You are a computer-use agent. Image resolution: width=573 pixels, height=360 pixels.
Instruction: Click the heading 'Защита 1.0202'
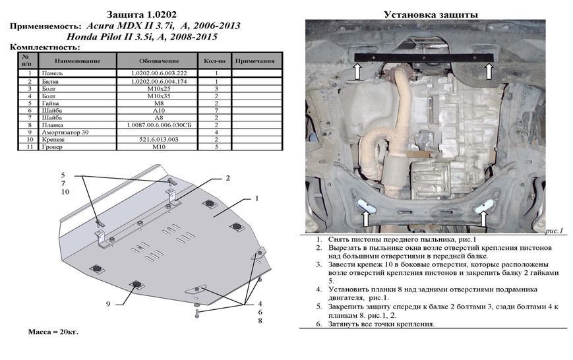pos(141,15)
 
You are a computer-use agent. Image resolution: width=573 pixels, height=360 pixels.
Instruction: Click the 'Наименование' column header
pos(77,61)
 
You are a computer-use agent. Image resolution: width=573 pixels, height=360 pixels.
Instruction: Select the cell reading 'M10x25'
pos(159,89)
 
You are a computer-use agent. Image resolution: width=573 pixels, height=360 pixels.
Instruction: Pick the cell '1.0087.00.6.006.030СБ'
pos(159,125)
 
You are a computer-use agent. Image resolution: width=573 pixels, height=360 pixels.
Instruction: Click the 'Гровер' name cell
pos(52,147)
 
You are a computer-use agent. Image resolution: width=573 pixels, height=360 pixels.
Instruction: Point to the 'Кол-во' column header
pos(214,61)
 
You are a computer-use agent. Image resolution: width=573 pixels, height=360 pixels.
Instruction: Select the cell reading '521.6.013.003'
pos(159,140)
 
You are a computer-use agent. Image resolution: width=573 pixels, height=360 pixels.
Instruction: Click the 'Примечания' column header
pos(255,61)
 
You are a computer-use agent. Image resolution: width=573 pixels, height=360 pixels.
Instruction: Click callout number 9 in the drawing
pos(108,304)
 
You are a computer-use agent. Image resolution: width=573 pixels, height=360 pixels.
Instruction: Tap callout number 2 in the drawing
pos(227,179)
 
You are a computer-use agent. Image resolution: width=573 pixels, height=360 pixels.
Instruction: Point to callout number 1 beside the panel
pos(257,198)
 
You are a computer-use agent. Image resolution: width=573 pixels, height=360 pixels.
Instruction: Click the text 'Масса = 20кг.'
pos(53,332)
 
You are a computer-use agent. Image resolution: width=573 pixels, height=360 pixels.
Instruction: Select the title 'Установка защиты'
pos(431,15)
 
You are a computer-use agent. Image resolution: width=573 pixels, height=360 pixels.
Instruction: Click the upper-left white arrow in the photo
pos(357,71)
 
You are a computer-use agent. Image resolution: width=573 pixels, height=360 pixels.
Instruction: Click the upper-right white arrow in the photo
pos(489,71)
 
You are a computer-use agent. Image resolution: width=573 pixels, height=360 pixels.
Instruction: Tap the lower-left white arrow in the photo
pos(365,218)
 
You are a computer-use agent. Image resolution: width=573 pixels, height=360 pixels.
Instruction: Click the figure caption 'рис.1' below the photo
pos(554,231)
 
